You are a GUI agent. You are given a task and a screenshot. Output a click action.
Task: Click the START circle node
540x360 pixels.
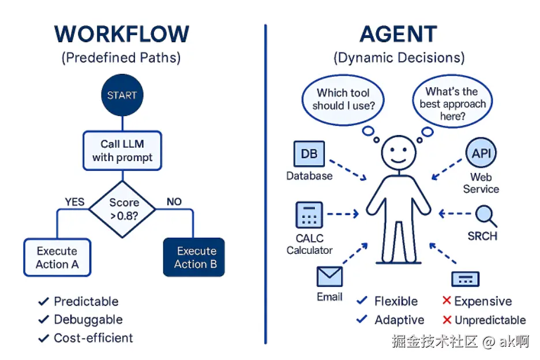[122, 95]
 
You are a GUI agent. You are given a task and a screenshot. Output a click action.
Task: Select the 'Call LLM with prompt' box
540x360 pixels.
[122, 151]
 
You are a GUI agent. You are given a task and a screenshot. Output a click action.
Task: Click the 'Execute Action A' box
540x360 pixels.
[57, 258]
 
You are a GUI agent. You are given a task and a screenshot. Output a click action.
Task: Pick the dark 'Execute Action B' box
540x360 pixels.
[193, 258]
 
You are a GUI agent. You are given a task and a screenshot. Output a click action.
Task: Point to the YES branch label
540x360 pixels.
[74, 202]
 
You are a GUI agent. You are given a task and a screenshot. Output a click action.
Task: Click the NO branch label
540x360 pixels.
[174, 202]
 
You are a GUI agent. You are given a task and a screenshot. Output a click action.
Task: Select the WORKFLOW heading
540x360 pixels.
[122, 35]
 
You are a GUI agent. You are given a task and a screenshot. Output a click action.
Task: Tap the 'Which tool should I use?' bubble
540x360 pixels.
[343, 99]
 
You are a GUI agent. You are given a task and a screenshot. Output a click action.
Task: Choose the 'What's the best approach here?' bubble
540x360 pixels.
[452, 104]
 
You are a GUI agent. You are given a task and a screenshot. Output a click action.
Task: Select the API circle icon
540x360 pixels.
[481, 153]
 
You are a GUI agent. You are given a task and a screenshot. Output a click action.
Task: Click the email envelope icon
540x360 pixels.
[329, 277]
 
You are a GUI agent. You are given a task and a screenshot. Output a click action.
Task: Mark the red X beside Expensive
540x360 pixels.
[446, 301]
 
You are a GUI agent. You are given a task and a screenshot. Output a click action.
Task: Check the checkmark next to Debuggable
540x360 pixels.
[43, 320]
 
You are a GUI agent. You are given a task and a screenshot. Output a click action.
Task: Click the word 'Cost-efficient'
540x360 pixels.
[93, 338]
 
